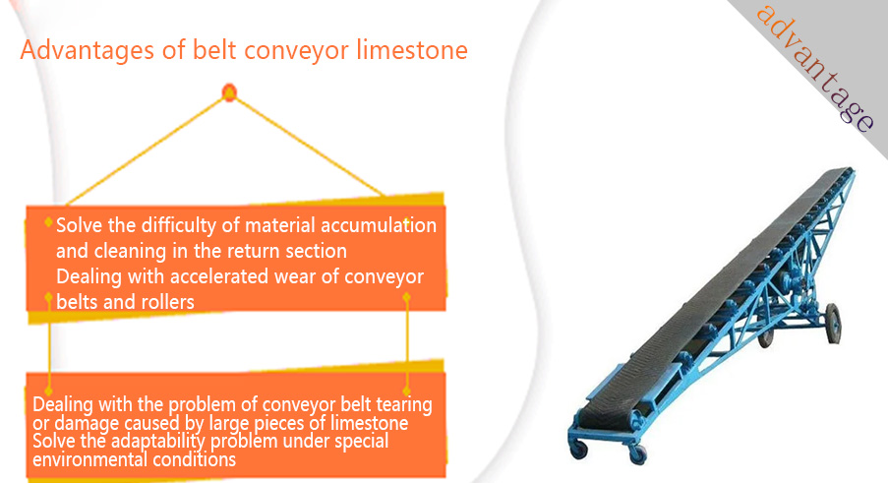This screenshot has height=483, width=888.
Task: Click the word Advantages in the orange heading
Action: tap(87, 50)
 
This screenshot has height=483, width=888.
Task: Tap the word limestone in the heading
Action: tap(412, 49)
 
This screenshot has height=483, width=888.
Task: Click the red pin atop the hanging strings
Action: tap(229, 92)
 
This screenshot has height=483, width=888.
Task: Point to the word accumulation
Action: tap(379, 225)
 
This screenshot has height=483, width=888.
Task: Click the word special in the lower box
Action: tap(361, 441)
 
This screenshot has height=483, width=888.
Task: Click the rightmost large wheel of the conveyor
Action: tap(833, 324)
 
